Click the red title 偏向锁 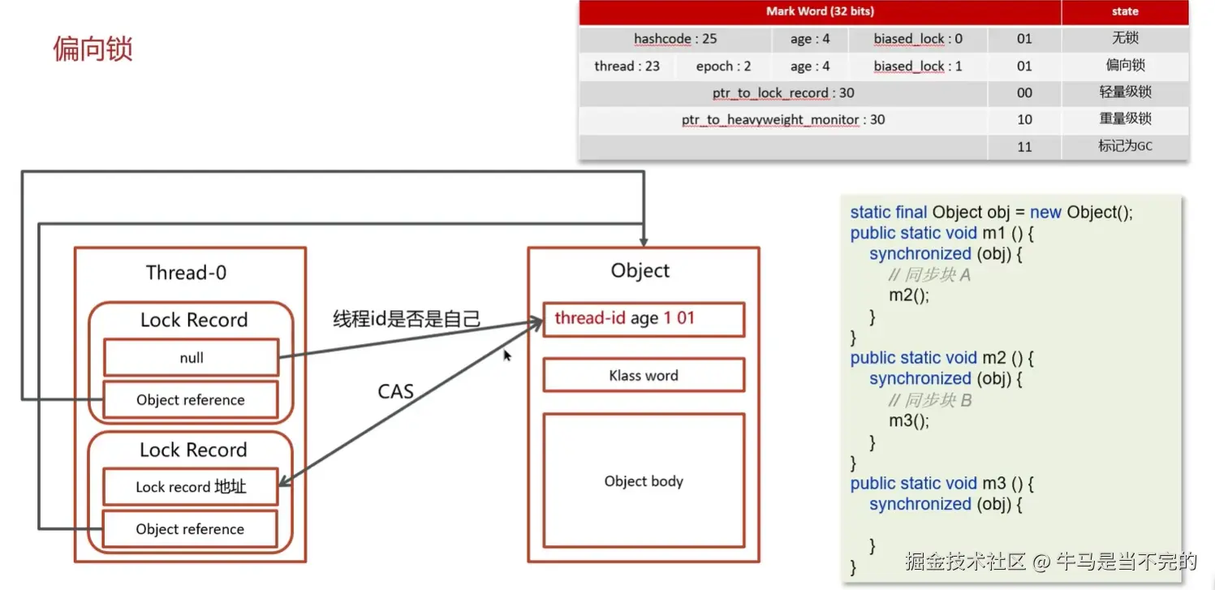(93, 49)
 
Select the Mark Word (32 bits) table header (820, 12)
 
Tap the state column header (1125, 12)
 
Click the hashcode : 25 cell (675, 39)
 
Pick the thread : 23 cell (627, 67)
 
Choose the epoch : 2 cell (723, 67)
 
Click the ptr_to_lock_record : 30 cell (783, 93)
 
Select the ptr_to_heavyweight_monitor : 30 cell (783, 120)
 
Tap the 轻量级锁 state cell (1125, 93)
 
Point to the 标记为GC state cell (1125, 146)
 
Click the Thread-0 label (186, 273)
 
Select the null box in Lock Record (192, 358)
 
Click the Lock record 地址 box (191, 487)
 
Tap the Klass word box (644, 376)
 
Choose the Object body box (644, 481)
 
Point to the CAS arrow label (396, 392)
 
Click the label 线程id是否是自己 (407, 319)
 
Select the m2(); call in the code (908, 295)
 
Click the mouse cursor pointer (507, 355)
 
